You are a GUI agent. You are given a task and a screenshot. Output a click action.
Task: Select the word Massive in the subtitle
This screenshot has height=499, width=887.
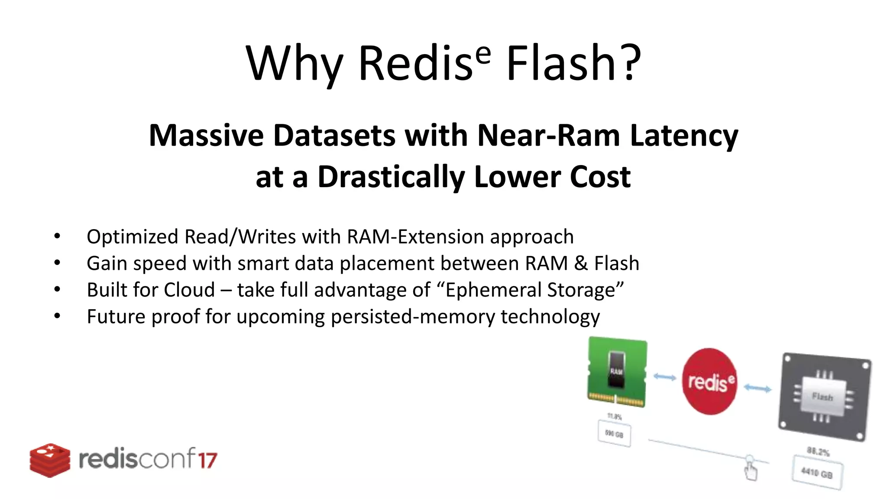click(206, 136)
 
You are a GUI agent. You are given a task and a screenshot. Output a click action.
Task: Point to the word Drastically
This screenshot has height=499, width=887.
click(391, 177)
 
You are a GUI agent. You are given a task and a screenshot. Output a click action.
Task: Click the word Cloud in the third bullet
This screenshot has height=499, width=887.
click(189, 290)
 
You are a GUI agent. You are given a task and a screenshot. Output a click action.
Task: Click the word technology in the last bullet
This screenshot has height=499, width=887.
click(550, 317)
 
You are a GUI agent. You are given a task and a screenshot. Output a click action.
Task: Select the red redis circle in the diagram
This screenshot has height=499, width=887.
click(709, 381)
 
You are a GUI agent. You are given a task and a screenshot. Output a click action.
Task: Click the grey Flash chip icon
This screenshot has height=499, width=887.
click(824, 397)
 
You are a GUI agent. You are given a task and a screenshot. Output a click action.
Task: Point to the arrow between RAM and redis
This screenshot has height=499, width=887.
click(664, 377)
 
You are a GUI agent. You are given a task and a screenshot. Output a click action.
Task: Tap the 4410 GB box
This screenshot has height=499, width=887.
click(817, 473)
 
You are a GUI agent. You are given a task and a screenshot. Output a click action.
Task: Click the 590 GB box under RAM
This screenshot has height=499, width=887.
click(614, 434)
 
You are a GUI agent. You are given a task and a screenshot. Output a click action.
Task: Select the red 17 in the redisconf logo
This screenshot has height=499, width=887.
click(207, 460)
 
